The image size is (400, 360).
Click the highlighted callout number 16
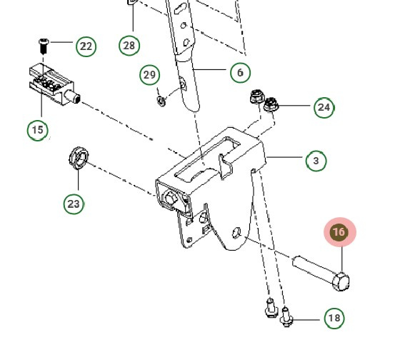[339, 232]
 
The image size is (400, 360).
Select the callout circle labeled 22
[86, 47]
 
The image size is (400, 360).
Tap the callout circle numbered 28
[129, 46]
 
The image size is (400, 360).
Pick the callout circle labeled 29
[149, 75]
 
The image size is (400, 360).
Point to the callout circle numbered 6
[240, 72]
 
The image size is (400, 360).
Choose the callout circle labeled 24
[324, 107]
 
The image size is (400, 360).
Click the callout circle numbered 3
[316, 161]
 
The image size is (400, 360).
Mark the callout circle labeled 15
[37, 130]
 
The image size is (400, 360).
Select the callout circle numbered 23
[74, 204]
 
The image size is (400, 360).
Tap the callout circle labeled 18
[334, 318]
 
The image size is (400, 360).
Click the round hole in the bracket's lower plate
[236, 232]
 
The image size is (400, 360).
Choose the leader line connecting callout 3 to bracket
[285, 159]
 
